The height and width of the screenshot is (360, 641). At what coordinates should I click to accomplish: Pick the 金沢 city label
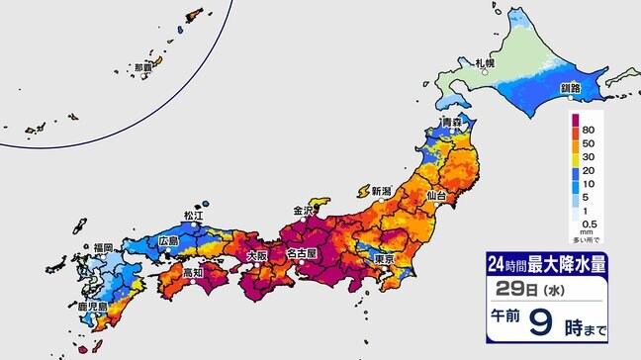pyautogui.click(x=303, y=211)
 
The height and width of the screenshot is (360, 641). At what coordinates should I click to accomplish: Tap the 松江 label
pyautogui.click(x=193, y=215)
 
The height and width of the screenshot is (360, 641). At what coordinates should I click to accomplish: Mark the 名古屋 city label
pyautogui.click(x=301, y=254)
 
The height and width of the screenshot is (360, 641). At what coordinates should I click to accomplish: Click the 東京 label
pyautogui.click(x=385, y=259)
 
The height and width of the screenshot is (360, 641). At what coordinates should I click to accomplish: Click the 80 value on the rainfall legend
pyautogui.click(x=589, y=131)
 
